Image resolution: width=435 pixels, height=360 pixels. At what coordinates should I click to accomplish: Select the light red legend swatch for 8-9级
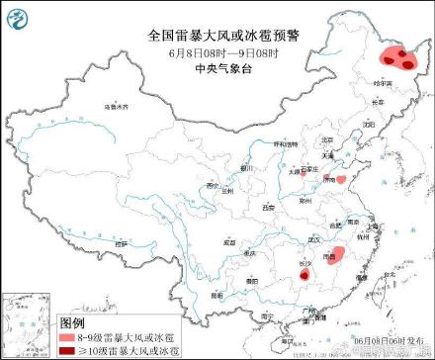tap(67, 337)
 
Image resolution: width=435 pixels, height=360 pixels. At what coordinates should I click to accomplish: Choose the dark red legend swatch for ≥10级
tap(67, 349)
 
